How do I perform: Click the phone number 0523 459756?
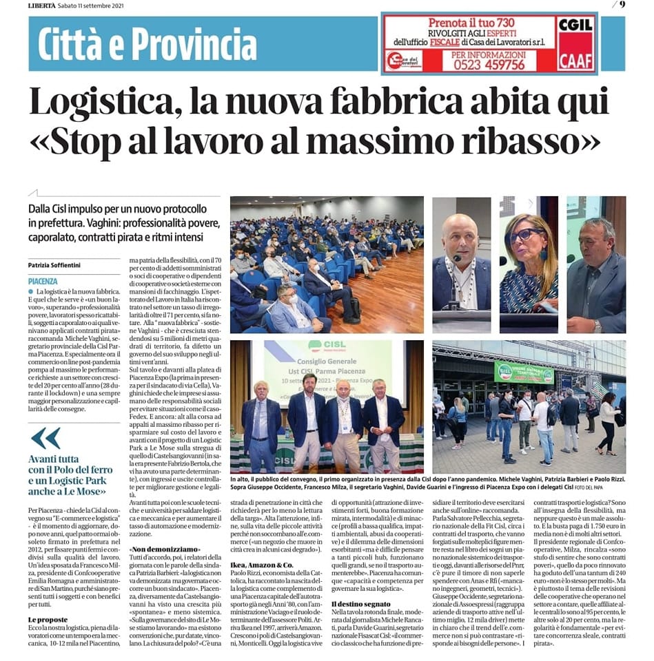pos(489,65)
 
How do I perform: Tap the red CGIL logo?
pos(575,25)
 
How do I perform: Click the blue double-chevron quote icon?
pos(45,438)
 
